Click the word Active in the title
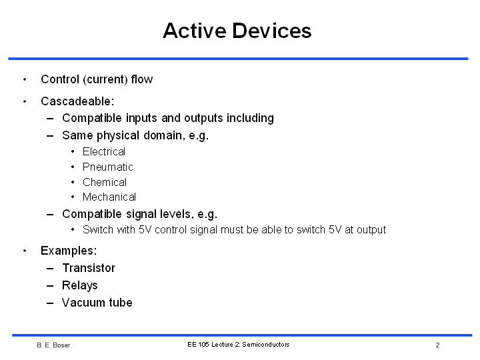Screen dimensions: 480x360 [195, 31]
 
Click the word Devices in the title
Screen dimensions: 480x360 [272, 31]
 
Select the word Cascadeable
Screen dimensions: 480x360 [77, 101]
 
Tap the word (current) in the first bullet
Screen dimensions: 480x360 [105, 79]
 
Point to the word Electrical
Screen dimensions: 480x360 [104, 151]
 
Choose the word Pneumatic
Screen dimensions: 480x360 [108, 167]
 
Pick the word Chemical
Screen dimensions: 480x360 [105, 182]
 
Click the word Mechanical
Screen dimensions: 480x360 [109, 197]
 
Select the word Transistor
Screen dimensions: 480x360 [89, 268]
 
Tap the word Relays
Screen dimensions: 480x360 [80, 285]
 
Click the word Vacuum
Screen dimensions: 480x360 [83, 303]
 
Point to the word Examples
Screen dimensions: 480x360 [69, 251]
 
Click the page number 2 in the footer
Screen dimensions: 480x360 [438, 345]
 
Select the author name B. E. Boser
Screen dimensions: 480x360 [53, 345]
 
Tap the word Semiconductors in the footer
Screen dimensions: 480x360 [266, 345]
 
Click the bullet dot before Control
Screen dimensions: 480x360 [25, 79]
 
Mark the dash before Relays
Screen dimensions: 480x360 [50, 286]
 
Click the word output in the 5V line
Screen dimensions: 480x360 [371, 230]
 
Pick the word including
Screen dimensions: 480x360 [250, 119]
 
